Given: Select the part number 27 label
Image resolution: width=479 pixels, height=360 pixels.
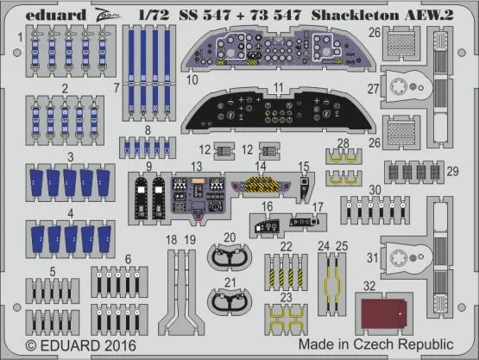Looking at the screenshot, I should pyautogui.click(x=372, y=89).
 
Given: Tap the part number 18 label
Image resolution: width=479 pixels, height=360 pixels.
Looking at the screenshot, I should pyautogui.click(x=171, y=239).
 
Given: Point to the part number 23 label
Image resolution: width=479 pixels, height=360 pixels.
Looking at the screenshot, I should pyautogui.click(x=286, y=297).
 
